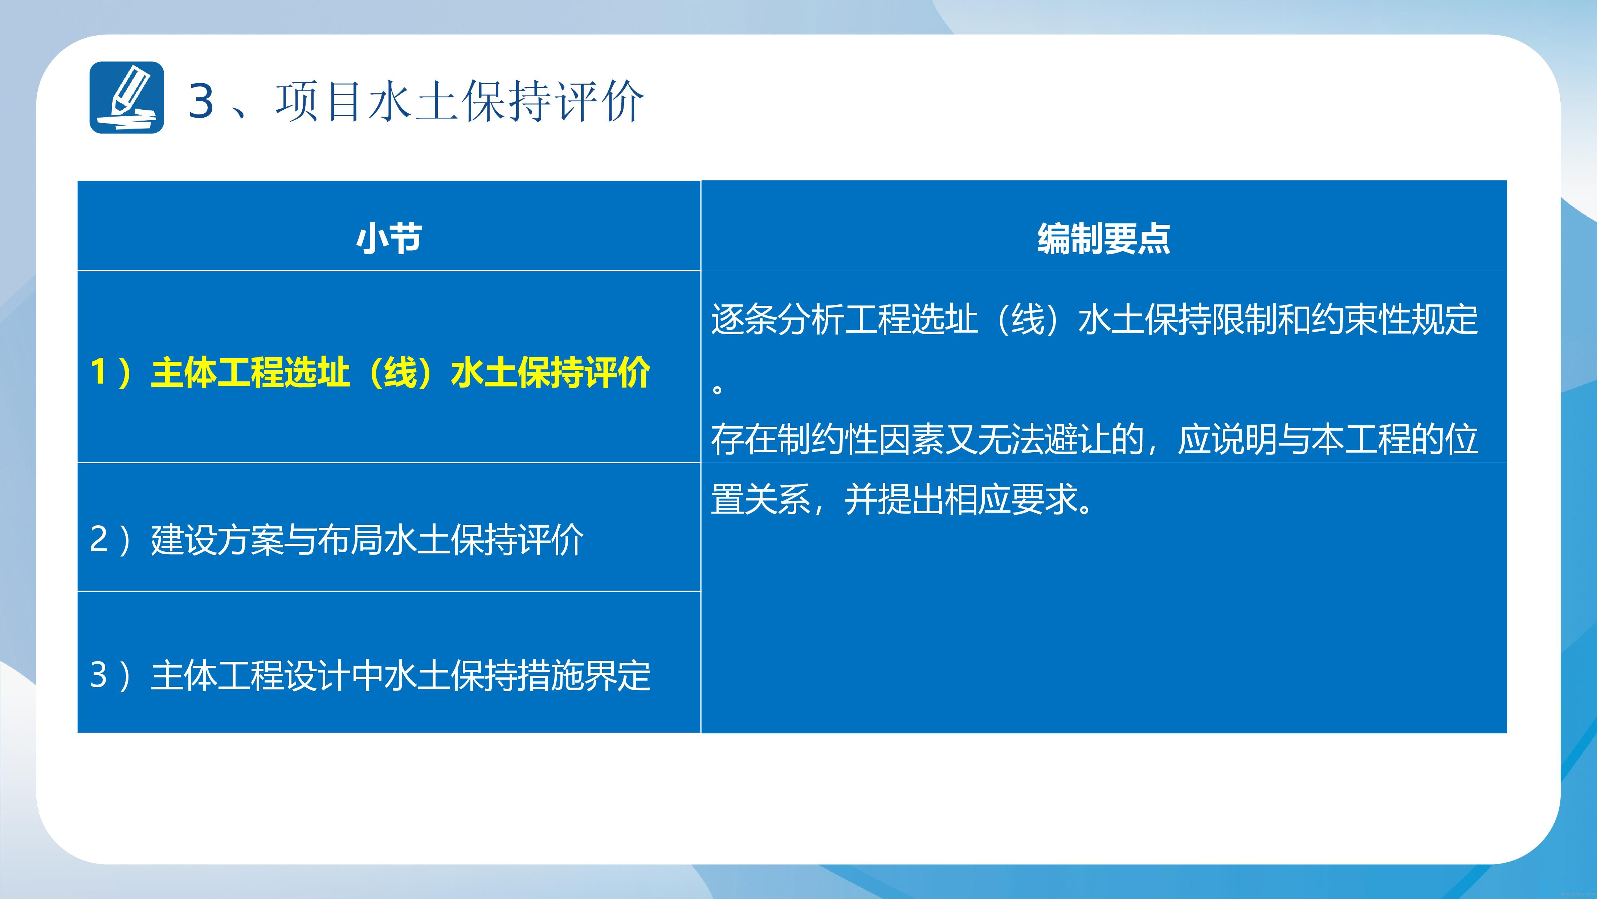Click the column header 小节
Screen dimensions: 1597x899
pyautogui.click(x=389, y=239)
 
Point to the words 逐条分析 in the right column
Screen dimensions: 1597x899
pyautogui.click(x=777, y=320)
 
